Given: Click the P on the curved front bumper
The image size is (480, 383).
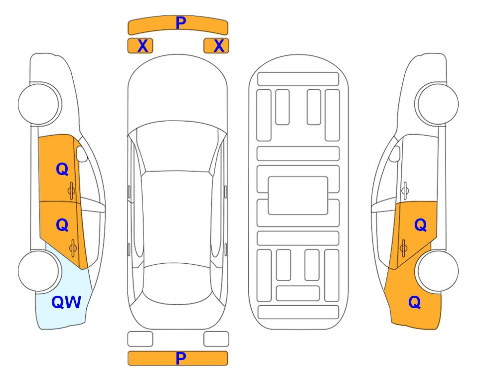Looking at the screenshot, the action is click(180, 22).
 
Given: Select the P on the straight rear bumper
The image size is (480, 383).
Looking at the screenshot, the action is click(180, 358).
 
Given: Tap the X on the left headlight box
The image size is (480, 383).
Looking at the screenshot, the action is click(143, 46).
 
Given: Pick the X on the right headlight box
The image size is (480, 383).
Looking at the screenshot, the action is click(219, 46).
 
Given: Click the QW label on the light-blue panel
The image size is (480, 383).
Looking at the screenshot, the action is click(66, 302).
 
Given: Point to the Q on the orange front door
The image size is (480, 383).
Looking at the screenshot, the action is click(62, 169).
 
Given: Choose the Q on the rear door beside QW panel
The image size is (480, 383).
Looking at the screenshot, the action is click(62, 225).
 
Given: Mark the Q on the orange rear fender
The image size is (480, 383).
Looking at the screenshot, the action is click(415, 302).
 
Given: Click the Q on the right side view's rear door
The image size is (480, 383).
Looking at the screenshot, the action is click(420, 225).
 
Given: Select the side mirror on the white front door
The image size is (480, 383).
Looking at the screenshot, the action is click(394, 154).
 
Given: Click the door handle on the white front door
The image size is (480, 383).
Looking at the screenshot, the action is click(405, 191).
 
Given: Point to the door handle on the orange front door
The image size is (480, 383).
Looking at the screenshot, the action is click(71, 191).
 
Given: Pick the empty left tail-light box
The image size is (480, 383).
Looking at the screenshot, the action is click(140, 339).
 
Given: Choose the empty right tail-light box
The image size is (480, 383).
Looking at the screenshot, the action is click(216, 339).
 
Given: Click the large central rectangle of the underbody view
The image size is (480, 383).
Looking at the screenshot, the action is click(298, 195).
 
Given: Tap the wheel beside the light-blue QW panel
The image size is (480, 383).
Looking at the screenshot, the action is click(39, 271).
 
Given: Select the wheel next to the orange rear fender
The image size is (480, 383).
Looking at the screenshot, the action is click(437, 271).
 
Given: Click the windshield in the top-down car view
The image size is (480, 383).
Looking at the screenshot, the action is click(177, 147).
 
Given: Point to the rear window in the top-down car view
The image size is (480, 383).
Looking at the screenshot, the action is click(177, 283).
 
